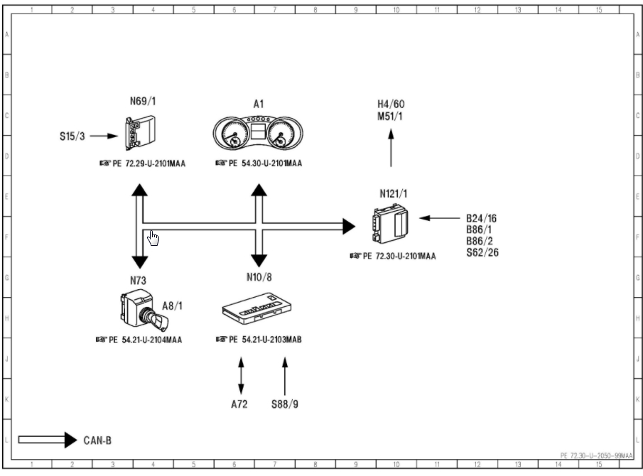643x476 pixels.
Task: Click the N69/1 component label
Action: tap(142, 101)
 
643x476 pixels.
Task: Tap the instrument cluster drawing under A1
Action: tap(259, 132)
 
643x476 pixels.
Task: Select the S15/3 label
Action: tap(72, 136)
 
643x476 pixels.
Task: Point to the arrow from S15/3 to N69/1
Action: tap(102, 136)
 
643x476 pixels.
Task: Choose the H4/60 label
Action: tap(391, 104)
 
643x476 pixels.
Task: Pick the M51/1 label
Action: tap(391, 116)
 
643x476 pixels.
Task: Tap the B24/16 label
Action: tap(481, 219)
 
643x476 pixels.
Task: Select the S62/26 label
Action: tap(482, 252)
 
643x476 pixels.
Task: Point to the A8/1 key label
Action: tap(173, 305)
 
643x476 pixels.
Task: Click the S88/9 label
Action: tap(285, 404)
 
